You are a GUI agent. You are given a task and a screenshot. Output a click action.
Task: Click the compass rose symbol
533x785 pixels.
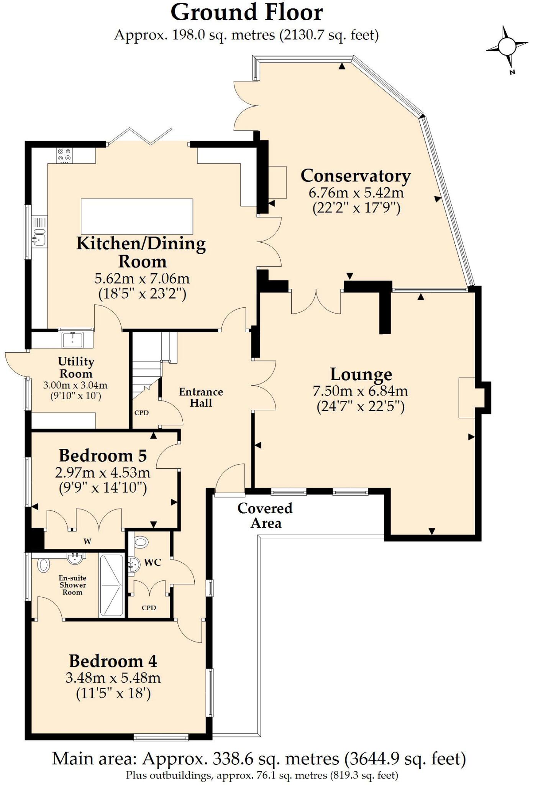(507, 47)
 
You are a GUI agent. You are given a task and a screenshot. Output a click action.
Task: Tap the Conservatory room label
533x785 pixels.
(355, 176)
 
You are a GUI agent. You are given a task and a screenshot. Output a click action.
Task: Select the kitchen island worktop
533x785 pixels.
(137, 216)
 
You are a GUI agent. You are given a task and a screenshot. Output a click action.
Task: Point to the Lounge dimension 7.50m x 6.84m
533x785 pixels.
(360, 391)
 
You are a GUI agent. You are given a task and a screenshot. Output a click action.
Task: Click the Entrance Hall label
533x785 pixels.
(201, 397)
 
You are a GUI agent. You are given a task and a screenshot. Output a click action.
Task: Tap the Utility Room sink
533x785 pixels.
(72, 339)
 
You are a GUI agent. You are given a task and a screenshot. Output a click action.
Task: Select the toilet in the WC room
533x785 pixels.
(141, 542)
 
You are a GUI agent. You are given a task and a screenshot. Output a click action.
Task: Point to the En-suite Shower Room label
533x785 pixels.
(72, 585)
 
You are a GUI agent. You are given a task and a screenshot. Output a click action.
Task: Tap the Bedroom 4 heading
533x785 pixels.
(113, 661)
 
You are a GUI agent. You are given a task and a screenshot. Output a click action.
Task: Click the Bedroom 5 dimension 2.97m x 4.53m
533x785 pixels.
(102, 473)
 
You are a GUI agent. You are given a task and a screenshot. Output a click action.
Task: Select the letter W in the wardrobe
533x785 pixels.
(87, 541)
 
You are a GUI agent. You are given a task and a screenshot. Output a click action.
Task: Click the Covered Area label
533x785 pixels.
(265, 516)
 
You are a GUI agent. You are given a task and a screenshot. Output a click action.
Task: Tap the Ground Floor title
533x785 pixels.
(246, 13)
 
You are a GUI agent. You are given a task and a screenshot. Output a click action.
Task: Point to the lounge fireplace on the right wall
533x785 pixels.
(467, 397)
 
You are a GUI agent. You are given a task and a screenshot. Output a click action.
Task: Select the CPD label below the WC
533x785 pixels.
(149, 608)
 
